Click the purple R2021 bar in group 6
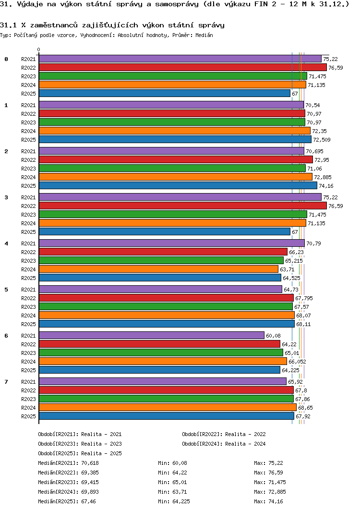(151, 335)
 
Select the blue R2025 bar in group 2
(178, 185)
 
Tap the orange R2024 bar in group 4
(158, 269)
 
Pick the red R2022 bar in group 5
(166, 298)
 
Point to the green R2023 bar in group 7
(166, 399)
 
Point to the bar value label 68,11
(303, 324)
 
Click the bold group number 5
(6, 290)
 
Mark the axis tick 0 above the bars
(39, 49)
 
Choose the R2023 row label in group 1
(28, 122)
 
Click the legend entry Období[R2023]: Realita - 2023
(80, 444)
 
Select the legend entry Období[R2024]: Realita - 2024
(224, 444)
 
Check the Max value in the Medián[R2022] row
(276, 473)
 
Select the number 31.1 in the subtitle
(8, 24)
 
